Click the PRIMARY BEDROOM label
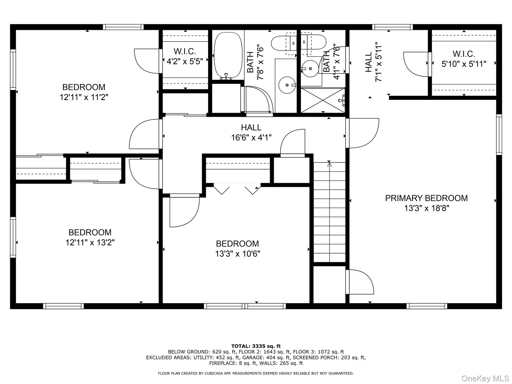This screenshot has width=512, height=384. point(426,198)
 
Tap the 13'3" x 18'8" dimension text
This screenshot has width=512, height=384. point(427,208)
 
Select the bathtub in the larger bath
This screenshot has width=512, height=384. point(228,55)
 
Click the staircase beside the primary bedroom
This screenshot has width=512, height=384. point(330,212)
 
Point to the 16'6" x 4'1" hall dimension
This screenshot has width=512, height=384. point(251,138)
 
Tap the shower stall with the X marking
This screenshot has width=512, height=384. point(323,100)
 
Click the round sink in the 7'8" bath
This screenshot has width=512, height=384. point(287,85)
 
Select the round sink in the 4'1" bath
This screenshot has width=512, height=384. point(310,69)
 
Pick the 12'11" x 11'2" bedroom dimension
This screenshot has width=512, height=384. point(84,97)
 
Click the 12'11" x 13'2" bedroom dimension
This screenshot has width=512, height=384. point(90,243)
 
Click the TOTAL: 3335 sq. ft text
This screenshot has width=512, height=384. point(256,346)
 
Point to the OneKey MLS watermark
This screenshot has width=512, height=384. point(485,378)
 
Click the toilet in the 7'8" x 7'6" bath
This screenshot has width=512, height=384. point(284,43)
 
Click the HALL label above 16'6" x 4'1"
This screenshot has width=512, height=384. point(251,127)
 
